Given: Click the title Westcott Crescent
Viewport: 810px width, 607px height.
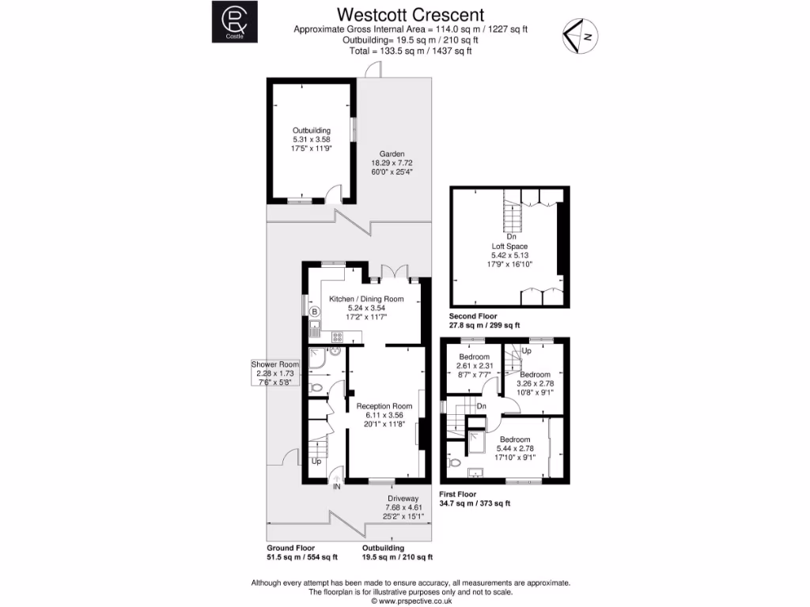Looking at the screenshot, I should pos(411,14).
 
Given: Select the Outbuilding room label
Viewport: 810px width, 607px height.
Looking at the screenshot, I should pos(311,130).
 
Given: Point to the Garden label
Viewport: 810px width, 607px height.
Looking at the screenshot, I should pos(392,154).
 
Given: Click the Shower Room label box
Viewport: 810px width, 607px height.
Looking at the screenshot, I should pos(271,373).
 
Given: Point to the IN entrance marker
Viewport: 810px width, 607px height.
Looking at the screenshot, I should pos(336,487).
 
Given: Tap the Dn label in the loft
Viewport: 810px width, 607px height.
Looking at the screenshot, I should pos(512,236).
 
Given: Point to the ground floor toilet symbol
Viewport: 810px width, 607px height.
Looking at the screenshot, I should pos(316,388).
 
